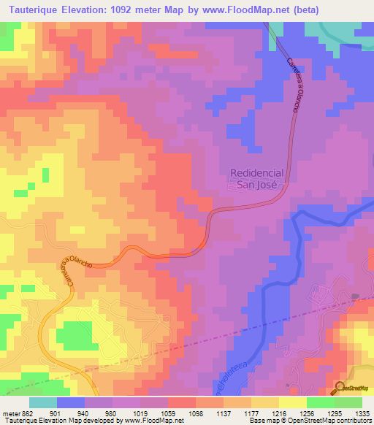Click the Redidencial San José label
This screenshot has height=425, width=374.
tap(256, 179)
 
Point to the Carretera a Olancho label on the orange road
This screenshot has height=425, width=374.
tap(66, 273)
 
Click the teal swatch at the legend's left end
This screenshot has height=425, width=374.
tap(43, 402)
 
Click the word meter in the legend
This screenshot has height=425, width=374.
tap(12, 413)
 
